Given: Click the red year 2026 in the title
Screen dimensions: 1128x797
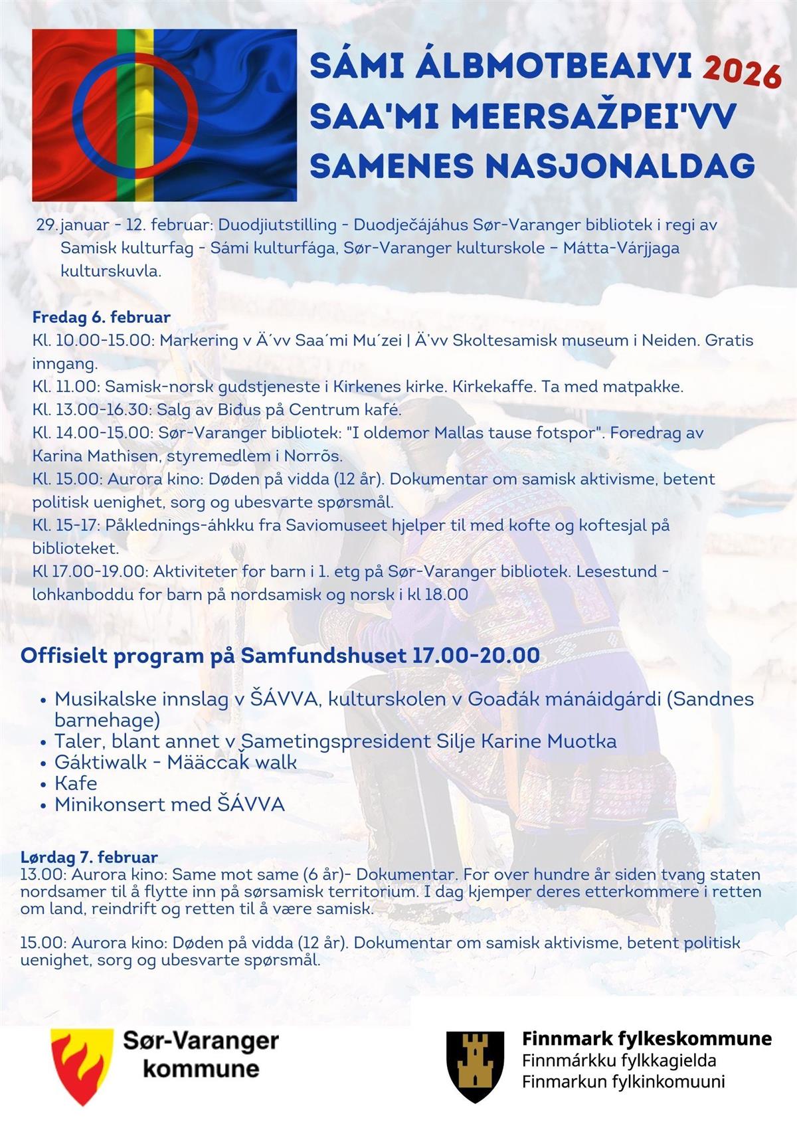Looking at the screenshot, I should click(741, 72).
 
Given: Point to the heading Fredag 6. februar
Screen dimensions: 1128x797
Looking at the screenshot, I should click(101, 317).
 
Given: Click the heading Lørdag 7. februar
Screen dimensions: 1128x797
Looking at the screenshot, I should click(89, 857).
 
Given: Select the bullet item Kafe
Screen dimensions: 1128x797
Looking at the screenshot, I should click(76, 783).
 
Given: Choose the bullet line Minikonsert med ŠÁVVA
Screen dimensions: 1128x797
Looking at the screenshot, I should click(169, 804).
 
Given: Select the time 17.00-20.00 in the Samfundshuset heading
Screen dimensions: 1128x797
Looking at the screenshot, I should click(476, 656).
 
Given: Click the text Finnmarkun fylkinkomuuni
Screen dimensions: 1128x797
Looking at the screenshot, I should click(623, 1081).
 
